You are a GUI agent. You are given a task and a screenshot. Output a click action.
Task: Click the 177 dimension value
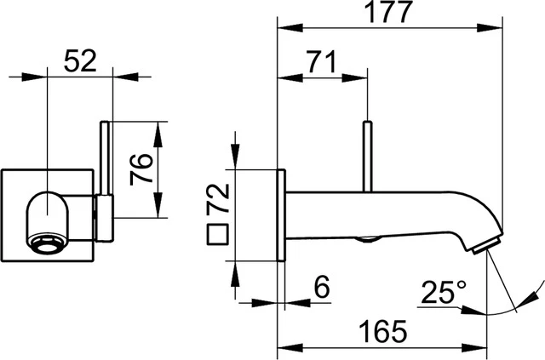388,13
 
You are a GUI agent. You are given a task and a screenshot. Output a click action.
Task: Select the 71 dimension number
322,63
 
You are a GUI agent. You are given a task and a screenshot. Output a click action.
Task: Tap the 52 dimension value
81,61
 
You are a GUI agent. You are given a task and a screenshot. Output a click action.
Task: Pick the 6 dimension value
321,289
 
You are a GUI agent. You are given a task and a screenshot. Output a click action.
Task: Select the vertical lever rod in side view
368,157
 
